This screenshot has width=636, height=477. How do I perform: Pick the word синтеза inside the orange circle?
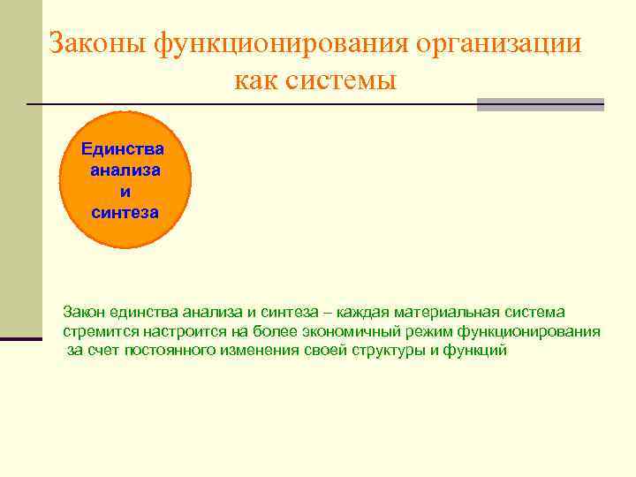click(x=125, y=212)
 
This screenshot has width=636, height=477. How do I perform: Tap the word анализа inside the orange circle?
click(x=125, y=170)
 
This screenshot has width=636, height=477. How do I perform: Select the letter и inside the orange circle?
click(x=125, y=191)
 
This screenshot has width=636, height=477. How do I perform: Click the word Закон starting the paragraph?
click(x=83, y=312)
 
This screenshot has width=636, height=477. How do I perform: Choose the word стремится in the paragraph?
click(x=95, y=331)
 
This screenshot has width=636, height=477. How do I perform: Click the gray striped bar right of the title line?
click(x=540, y=104)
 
